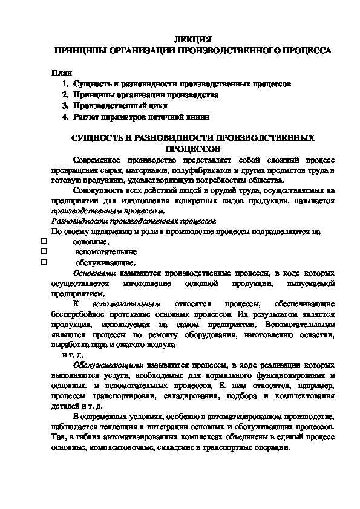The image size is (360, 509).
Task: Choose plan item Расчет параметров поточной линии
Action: click(142, 117)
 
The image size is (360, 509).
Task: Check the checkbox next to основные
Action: click(44, 241)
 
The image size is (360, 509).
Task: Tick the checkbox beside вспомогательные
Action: click(44, 252)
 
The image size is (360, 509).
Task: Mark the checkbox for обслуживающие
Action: click(44, 263)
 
